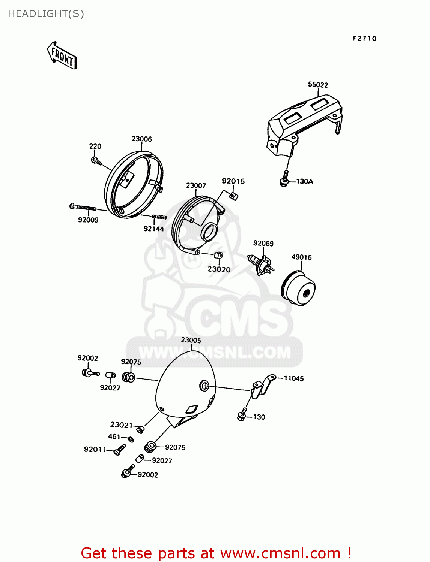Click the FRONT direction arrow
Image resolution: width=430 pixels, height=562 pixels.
coord(62,56)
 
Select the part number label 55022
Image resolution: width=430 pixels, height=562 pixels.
coord(318,85)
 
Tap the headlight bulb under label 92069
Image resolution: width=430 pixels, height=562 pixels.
coord(260,264)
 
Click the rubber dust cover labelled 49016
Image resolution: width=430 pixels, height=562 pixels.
coord(298,289)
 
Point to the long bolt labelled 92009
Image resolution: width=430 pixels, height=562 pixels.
coord(83,207)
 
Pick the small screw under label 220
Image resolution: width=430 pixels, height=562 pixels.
coord(96,161)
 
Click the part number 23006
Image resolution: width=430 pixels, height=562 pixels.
coord(141,139)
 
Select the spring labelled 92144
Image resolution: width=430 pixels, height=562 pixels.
coord(159,217)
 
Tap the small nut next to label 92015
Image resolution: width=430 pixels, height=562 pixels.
coord(233,196)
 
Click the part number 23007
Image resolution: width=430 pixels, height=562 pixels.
coord(196,185)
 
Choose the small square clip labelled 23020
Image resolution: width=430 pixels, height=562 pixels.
coord(219,256)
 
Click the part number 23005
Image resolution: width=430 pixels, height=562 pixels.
coord(191,340)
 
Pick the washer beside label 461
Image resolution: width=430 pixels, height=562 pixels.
coord(131,439)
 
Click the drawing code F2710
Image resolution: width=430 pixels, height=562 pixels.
coord(364,39)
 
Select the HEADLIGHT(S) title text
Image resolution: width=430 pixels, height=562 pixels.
coord(46,14)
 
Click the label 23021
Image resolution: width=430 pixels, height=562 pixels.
coord(121,425)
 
